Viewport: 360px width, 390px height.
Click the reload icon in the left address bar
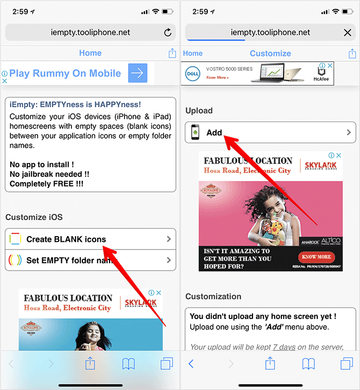click(168, 32)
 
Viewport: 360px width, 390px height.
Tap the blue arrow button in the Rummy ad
click(138, 73)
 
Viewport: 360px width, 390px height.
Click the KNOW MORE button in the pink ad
click(316, 257)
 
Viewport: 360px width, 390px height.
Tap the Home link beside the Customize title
click(193, 54)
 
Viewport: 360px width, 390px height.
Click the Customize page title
click(270, 54)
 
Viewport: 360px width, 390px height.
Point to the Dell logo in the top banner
click(192, 73)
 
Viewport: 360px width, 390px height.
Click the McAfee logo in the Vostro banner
click(320, 74)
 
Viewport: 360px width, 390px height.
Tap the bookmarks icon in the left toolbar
click(129, 364)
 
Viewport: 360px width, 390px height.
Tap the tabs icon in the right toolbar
click(347, 364)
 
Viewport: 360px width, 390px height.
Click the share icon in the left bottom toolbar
click(90, 363)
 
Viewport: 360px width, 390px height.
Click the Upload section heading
click(199, 111)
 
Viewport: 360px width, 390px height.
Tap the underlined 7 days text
click(284, 347)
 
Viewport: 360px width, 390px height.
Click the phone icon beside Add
click(195, 133)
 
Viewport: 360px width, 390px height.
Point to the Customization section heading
click(213, 296)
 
